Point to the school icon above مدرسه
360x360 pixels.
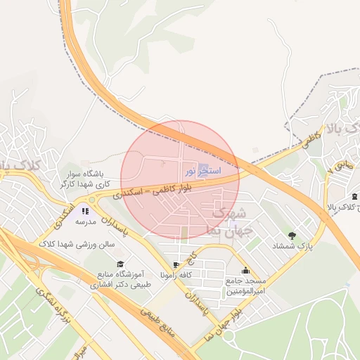pyautogui.click(x=85, y=211)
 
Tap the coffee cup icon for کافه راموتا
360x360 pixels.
pyautogui.click(x=176, y=265)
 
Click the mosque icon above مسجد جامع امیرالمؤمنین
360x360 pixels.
pyautogui.click(x=245, y=271)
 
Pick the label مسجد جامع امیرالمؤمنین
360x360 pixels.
pyautogui.click(x=245, y=286)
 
